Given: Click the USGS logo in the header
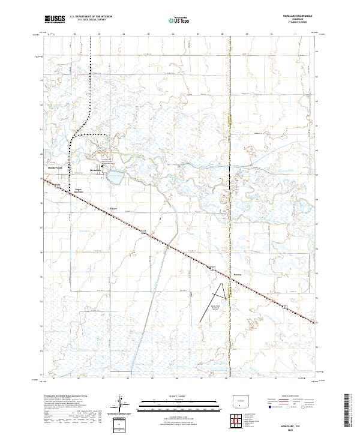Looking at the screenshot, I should coord(55,19).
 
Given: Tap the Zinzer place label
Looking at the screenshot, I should coord(113,209).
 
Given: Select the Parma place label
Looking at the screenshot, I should coord(236,277).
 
